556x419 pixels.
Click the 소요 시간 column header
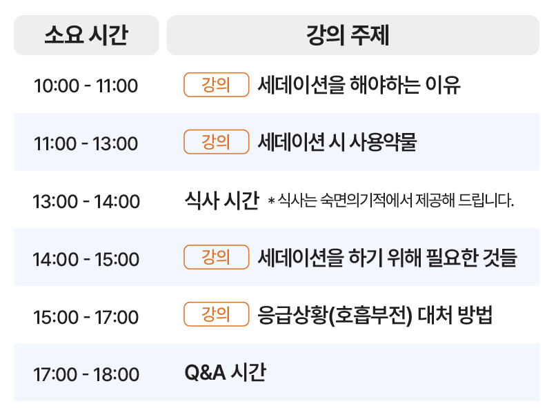[x=86, y=35]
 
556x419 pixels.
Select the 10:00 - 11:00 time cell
[x=86, y=85]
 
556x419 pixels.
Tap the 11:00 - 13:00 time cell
[x=86, y=143]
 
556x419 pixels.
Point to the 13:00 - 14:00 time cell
[x=86, y=201]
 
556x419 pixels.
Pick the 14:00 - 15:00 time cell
[x=86, y=259]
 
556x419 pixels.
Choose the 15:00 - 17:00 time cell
[x=86, y=316]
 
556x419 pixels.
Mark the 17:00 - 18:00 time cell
[x=86, y=374]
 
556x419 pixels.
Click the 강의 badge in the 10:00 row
[x=217, y=85]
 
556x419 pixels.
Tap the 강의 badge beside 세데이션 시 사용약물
[x=217, y=142]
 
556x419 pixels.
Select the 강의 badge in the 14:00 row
[x=217, y=257]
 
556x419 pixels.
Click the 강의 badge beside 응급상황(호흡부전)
[x=217, y=314]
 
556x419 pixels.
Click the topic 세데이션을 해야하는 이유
[x=359, y=85]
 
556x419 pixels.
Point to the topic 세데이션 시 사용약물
[x=337, y=142]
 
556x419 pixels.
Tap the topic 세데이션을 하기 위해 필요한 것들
[x=387, y=257]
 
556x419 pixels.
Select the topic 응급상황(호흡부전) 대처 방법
[x=375, y=314]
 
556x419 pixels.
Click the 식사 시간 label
[x=222, y=200]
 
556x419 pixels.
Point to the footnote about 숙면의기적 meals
[x=390, y=201]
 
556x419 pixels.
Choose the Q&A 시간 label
[x=225, y=372]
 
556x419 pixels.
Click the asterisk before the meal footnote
[x=272, y=201]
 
